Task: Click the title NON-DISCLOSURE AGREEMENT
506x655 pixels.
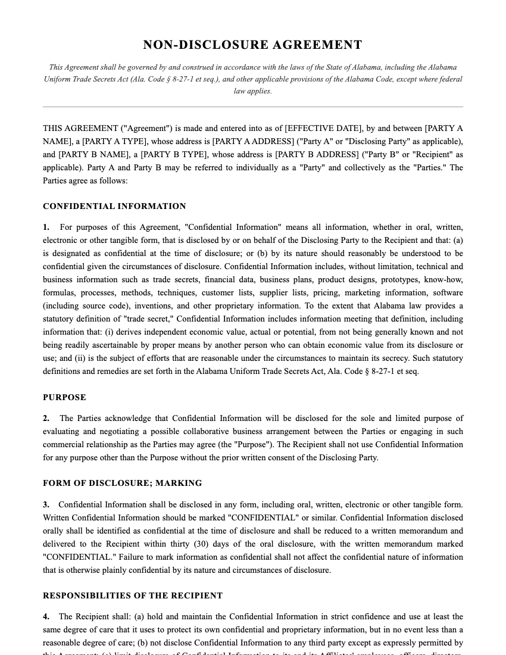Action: [x=252, y=45]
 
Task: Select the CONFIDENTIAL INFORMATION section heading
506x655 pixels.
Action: [x=114, y=207]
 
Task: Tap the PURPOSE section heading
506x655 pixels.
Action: [x=64, y=397]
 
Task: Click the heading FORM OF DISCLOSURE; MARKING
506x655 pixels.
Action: [x=122, y=483]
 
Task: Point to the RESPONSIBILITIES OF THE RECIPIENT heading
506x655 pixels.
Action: [x=133, y=595]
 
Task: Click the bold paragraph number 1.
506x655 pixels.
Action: [x=46, y=227]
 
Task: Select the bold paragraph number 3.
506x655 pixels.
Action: [x=46, y=505]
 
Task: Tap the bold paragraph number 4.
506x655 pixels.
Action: [x=46, y=617]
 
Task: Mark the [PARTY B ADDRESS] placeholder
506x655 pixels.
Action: [x=316, y=155]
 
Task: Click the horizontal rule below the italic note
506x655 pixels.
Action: [x=252, y=107]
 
